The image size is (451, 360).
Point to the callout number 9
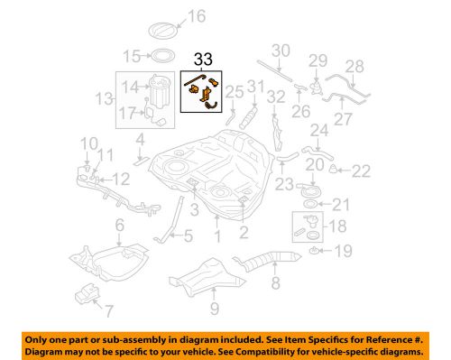(215, 311)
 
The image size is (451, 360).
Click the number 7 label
(109, 313)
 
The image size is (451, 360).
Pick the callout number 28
(354, 66)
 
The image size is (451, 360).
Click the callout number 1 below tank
(217, 237)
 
